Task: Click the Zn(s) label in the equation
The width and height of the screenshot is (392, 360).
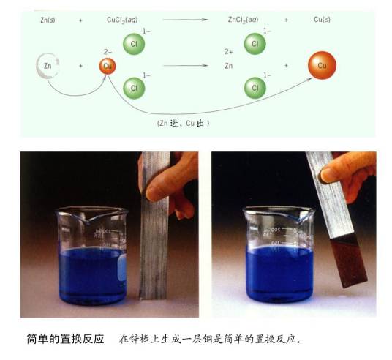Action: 48,20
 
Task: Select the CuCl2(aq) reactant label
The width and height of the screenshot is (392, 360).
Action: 122,20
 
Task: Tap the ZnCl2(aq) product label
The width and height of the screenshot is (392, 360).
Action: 243,20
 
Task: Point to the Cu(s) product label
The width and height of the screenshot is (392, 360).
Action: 322,20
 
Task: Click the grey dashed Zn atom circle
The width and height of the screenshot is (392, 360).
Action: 37,66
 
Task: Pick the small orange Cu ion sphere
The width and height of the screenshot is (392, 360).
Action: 108,66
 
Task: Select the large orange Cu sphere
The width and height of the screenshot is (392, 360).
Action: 322,65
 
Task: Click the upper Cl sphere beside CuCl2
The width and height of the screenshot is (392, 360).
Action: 134,44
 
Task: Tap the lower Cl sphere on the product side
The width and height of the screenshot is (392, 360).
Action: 255,88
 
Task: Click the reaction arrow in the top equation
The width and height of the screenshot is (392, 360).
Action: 186,20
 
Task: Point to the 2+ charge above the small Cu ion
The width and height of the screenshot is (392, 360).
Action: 108,52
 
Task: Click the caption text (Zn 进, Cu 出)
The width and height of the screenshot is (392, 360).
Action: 184,124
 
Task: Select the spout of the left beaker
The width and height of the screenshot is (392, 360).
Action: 88,220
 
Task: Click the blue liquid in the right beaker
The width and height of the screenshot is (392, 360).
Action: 279,273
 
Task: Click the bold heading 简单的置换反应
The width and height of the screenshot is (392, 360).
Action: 65,339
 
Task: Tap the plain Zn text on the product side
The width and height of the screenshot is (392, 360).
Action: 228,66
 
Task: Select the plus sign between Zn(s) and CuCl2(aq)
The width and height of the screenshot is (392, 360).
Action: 80,20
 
